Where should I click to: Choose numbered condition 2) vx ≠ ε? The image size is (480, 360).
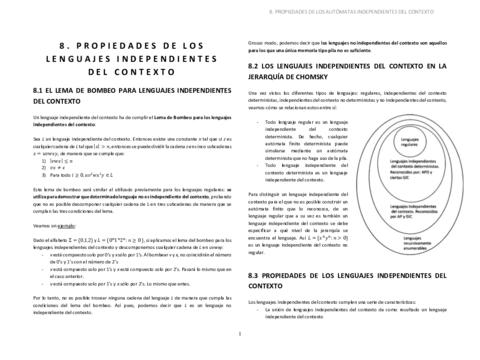(x=42, y=165)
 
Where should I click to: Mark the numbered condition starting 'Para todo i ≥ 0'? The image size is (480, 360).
(x=60, y=173)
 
